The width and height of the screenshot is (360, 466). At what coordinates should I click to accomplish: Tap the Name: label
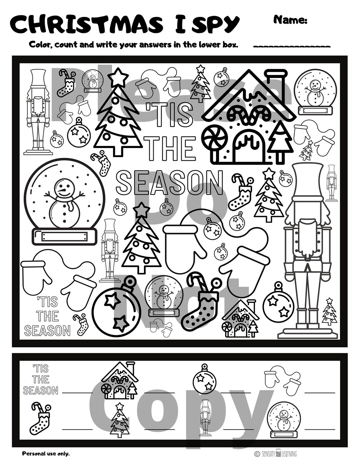[x=290, y=20]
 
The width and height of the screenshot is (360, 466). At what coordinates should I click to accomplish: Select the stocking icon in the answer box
[x=41, y=418]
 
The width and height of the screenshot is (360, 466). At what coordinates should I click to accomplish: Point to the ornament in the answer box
[x=204, y=378]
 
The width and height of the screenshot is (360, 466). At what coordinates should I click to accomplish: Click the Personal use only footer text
[x=46, y=453]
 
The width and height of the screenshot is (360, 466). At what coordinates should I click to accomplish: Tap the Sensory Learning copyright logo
[x=276, y=453]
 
